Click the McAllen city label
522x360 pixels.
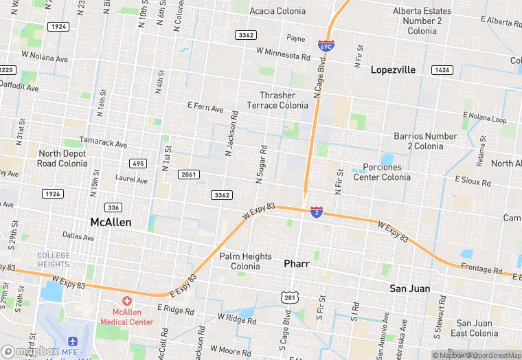(x=111, y=223)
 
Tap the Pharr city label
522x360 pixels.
(x=297, y=263)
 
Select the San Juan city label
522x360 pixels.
(x=410, y=288)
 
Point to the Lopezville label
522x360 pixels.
(x=393, y=70)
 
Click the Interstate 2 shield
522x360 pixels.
(x=317, y=212)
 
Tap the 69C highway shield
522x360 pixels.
(x=326, y=46)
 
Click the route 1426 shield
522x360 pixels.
(x=442, y=70)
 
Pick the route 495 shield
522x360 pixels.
(x=138, y=164)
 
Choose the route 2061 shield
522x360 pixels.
(x=188, y=175)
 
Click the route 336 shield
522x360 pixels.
(x=113, y=207)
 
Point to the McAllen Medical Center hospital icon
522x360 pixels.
(x=126, y=301)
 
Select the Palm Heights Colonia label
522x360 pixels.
(x=245, y=261)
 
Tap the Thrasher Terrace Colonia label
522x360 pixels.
(x=283, y=100)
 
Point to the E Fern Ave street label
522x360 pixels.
(x=205, y=108)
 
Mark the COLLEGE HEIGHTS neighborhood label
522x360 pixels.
(x=53, y=260)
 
